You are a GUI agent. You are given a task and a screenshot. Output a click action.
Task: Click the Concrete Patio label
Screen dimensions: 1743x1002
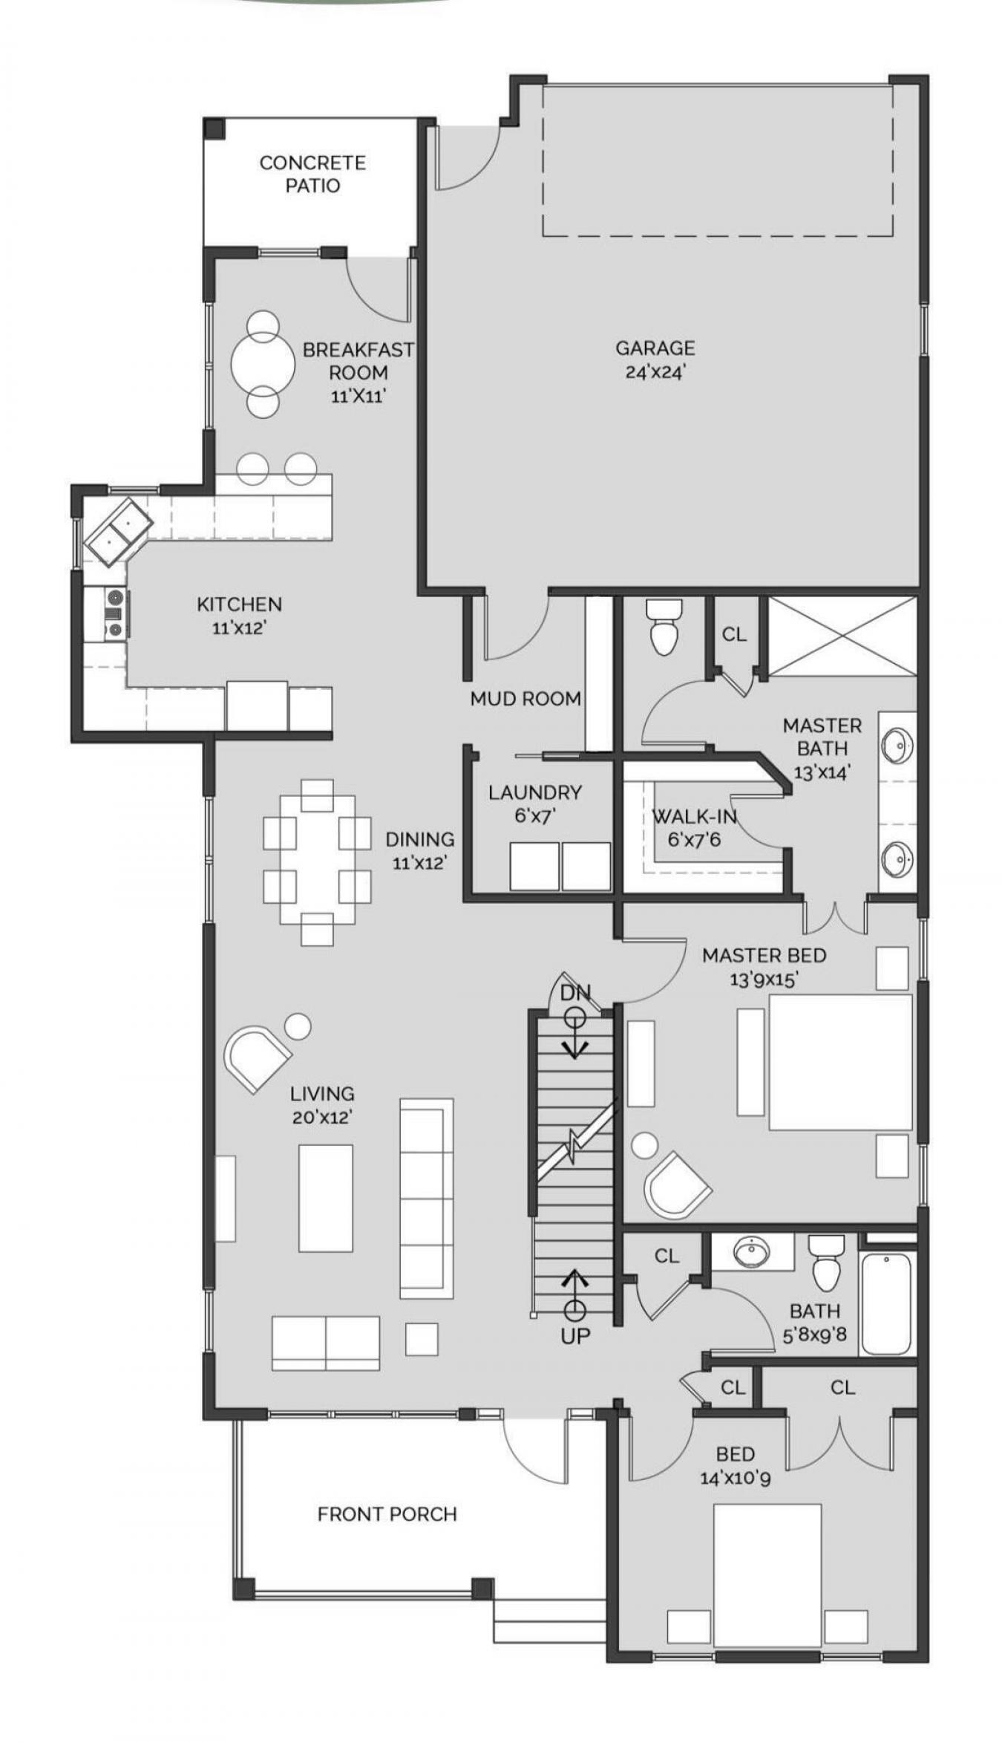pos(312,174)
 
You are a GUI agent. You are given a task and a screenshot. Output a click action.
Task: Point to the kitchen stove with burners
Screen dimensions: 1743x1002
pos(114,613)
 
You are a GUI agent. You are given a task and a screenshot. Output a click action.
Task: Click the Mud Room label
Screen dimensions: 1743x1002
pos(525,698)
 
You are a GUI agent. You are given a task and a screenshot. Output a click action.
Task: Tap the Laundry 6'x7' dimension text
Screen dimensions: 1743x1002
pos(535,816)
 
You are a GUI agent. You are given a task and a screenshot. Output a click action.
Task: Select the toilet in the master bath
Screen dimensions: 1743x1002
pos(662,628)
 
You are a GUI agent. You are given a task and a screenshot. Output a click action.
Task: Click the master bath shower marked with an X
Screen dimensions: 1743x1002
pos(842,636)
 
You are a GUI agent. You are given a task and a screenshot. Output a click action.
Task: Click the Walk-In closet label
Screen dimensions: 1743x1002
pos(694,817)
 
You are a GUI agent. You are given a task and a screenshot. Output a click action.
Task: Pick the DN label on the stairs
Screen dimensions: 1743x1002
pos(574,992)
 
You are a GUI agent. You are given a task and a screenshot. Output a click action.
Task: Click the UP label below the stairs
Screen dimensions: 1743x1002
pos(575,1337)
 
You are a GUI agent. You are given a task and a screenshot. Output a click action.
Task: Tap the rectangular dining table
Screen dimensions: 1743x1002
pos(317,861)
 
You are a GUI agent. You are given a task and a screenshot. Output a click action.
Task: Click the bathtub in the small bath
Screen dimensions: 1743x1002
pos(886,1304)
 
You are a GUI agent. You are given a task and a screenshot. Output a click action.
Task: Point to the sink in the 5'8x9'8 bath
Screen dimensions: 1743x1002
pos(751,1252)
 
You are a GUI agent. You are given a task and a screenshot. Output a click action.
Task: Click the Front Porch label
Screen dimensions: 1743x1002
pos(387,1514)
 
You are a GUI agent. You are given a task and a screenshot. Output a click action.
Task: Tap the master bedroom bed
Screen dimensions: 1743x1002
pos(839,1062)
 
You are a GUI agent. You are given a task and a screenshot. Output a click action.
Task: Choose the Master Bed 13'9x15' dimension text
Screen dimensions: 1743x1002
pos(763,980)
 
